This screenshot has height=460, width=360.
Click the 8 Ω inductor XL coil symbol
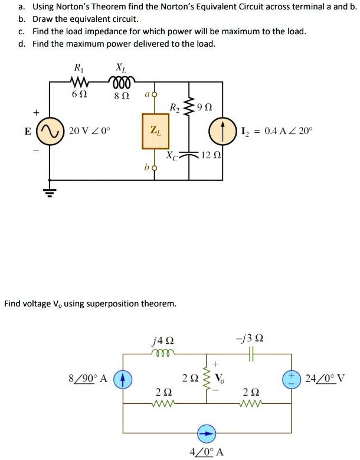click(x=122, y=81)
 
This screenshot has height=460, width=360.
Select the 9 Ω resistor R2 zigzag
click(x=189, y=107)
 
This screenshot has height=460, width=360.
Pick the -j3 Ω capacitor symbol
click(x=250, y=354)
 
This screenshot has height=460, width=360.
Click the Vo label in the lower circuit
click(x=220, y=378)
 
